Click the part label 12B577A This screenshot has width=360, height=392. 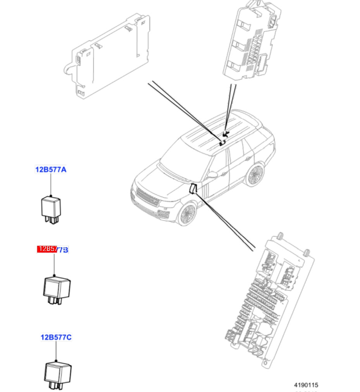(x=51, y=169)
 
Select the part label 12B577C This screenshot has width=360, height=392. (x=56, y=337)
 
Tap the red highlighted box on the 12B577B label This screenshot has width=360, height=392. (x=47, y=249)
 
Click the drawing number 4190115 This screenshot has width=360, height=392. (x=305, y=385)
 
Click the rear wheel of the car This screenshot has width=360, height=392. (x=254, y=175)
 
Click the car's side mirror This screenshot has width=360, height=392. (x=212, y=175)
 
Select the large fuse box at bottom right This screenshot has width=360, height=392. (x=271, y=302)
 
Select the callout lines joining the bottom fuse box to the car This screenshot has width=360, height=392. (x=225, y=221)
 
